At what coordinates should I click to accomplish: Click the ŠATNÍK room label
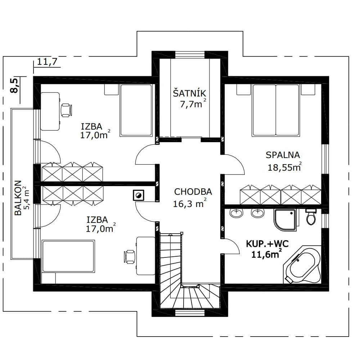189,93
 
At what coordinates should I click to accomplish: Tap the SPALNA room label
283,155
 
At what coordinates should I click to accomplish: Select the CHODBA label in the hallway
193,192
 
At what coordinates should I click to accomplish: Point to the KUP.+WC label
267,244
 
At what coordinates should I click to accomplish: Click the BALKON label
18,198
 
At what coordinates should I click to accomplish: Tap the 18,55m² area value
285,167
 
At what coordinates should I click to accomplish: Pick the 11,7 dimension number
47,62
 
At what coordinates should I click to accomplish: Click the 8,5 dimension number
14,85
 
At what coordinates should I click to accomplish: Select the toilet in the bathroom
311,216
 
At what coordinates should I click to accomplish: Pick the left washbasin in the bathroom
236,213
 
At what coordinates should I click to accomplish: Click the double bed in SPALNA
276,110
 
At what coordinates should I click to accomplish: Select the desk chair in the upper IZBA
66,110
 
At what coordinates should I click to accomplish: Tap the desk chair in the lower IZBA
129,257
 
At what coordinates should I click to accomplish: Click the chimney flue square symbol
139,195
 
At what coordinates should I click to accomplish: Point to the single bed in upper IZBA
136,110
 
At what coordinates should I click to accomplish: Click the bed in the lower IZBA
68,256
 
